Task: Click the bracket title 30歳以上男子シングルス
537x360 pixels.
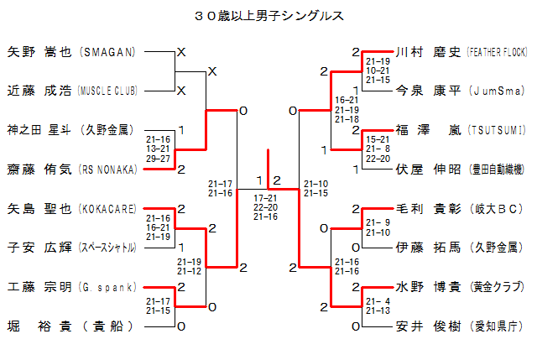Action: [x=268, y=16]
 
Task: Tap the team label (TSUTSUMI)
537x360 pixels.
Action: [x=497, y=130]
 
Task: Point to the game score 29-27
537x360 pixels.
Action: [x=158, y=158]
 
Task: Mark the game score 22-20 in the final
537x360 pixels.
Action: [x=266, y=207]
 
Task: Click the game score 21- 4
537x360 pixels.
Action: [x=378, y=301]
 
